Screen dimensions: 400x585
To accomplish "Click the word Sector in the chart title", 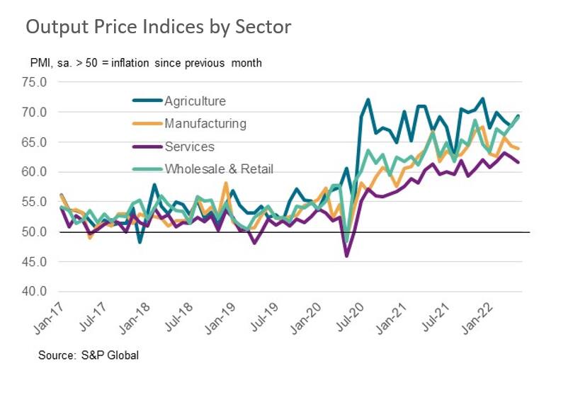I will [x=261, y=28].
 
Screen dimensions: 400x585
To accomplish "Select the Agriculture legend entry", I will [x=195, y=101].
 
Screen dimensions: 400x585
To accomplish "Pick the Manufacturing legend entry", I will [x=205, y=124].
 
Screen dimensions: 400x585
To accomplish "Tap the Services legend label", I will [x=189, y=147].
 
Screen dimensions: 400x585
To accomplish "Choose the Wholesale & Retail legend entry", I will [x=219, y=169].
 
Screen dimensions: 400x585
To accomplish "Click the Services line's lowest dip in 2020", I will [x=346, y=256].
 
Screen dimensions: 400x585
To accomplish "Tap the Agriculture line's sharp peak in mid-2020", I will [x=368, y=100].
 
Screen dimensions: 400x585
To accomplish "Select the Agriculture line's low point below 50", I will [x=140, y=242].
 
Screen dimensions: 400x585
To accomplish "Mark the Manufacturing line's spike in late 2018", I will [x=226, y=183].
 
